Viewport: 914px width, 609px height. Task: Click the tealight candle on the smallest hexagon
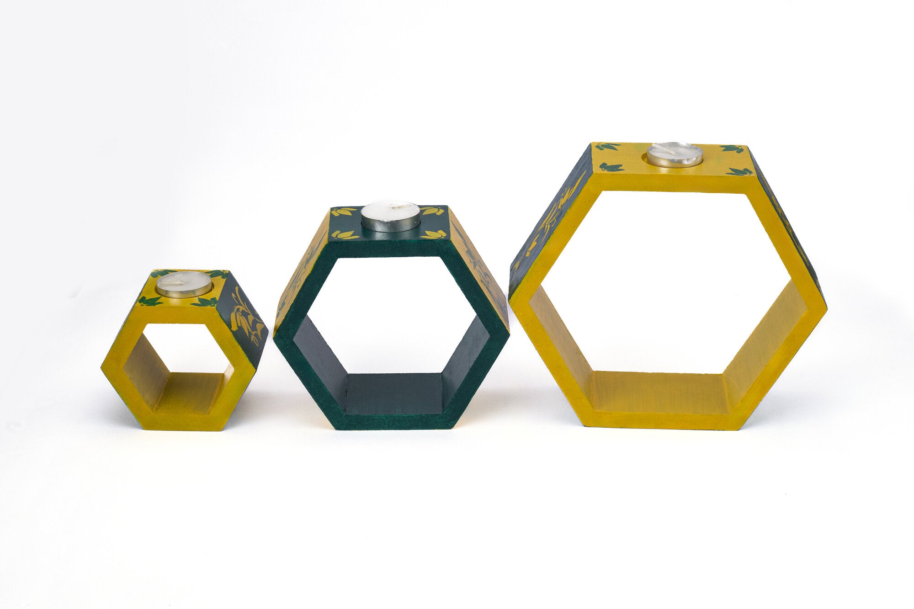184,284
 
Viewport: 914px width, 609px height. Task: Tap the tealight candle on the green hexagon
390,216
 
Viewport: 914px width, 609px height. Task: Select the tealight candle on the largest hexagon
675,154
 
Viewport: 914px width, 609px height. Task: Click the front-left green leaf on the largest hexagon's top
611,167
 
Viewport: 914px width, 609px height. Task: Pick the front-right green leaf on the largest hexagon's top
739,171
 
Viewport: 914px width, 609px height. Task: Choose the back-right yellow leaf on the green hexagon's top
430,211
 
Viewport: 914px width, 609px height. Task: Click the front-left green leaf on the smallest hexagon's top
150,301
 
